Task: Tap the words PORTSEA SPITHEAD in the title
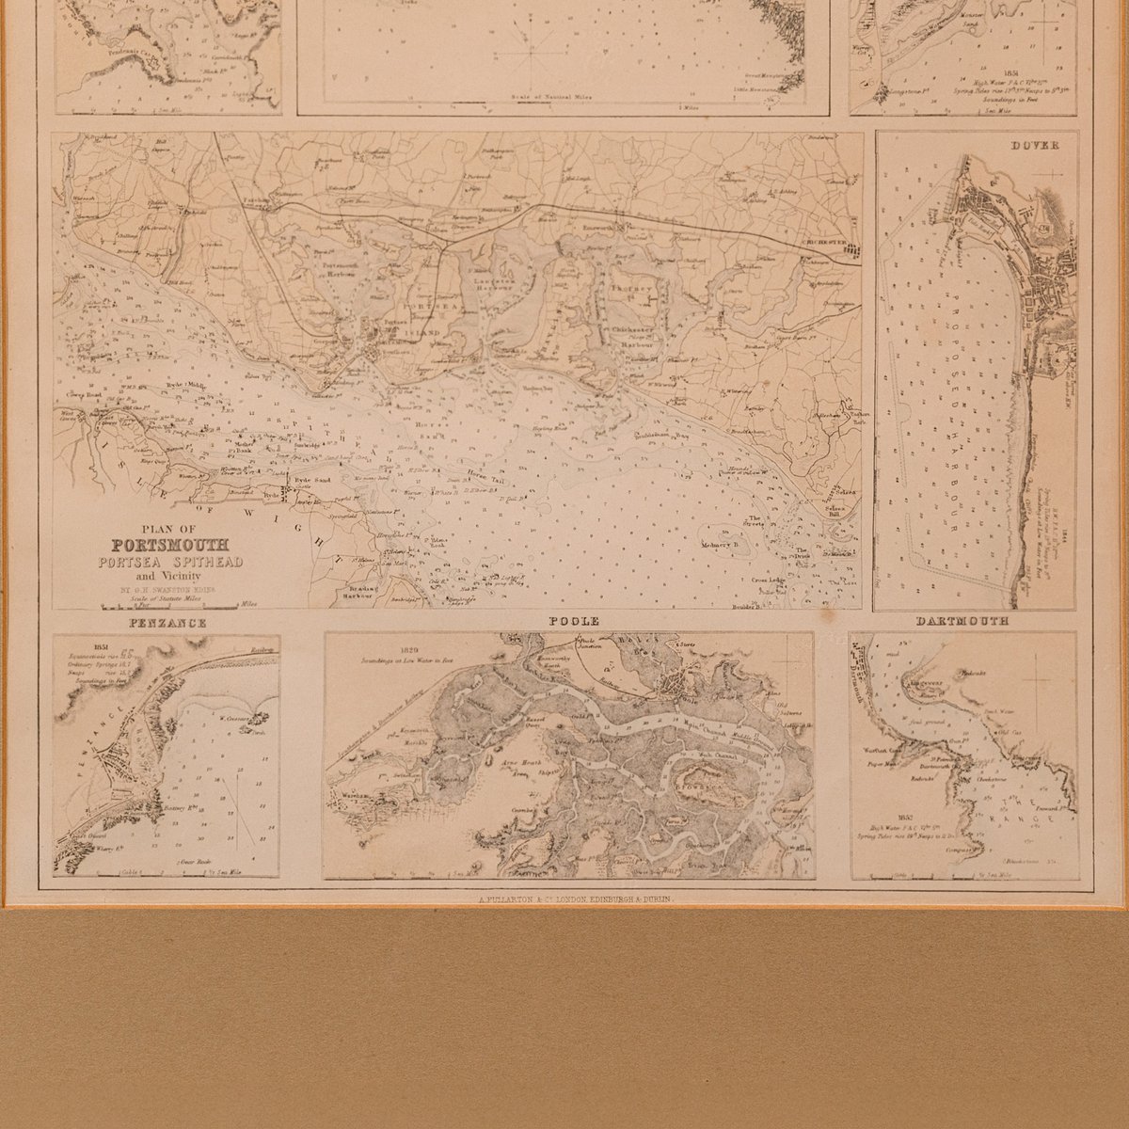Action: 177,562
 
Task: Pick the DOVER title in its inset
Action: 1036,146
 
